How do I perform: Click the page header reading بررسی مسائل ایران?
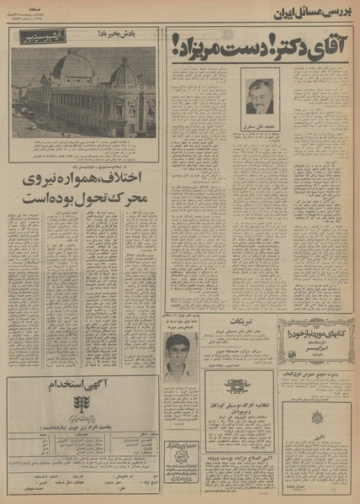pyautogui.click(x=311, y=12)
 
